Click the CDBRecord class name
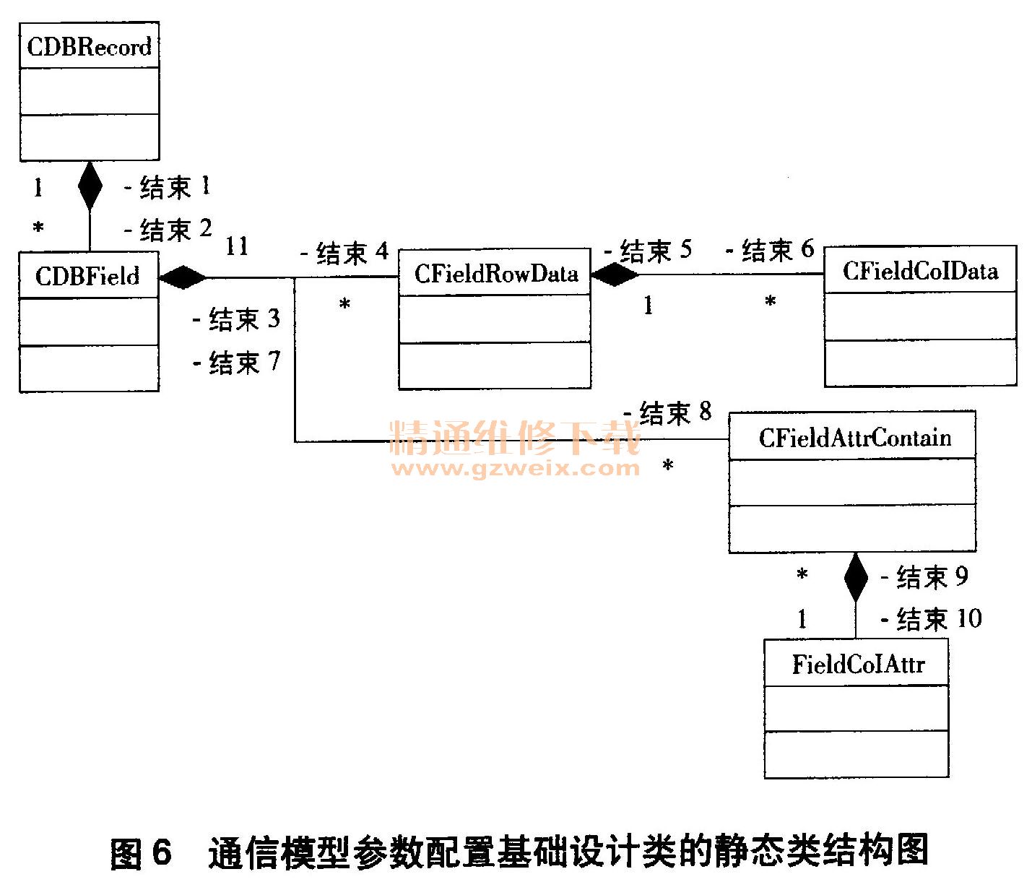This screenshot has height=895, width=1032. (89, 47)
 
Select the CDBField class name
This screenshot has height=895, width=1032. (87, 276)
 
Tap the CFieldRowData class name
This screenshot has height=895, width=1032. (496, 274)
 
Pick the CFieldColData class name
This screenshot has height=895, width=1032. (920, 271)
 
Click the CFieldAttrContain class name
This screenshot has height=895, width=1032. (854, 438)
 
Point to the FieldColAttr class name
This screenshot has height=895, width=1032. (858, 664)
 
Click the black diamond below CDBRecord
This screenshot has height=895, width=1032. (90, 186)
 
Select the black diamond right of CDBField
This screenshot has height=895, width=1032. (183, 277)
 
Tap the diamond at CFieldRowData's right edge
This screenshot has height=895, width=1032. (615, 274)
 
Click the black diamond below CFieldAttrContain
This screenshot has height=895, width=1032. (856, 577)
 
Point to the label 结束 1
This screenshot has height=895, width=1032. (168, 187)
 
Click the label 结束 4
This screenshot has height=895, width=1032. (345, 253)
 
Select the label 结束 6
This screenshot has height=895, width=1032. (770, 251)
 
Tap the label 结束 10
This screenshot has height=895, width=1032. (932, 619)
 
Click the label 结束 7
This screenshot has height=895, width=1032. (237, 362)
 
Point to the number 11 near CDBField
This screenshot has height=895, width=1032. (237, 246)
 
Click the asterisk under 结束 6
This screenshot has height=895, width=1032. (771, 301)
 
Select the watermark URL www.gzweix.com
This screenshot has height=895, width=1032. (515, 468)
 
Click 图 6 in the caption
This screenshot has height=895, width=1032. (142, 852)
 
